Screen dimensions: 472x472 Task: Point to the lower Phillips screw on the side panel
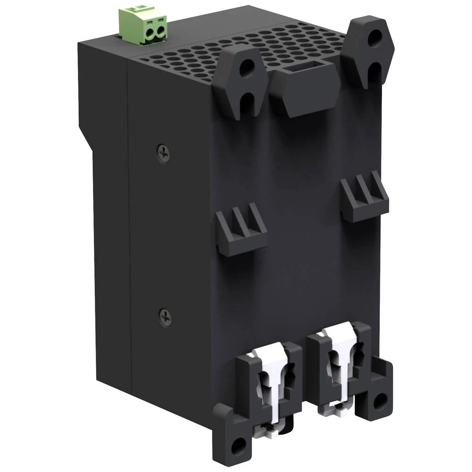coord(165,318)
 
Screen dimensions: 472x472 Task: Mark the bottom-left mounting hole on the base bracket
coord(239,444)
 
